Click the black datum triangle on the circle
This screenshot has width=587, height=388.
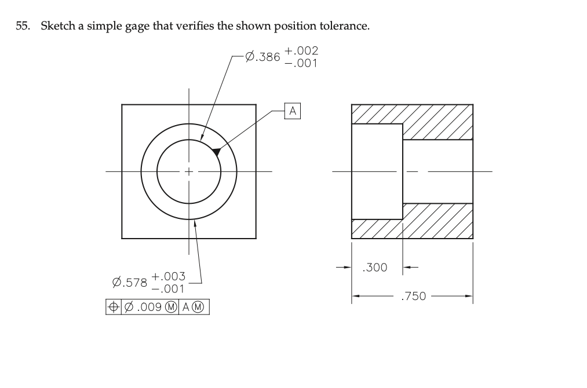click(x=216, y=151)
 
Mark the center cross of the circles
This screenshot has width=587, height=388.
click(x=188, y=171)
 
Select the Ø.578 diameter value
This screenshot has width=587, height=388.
click(x=129, y=283)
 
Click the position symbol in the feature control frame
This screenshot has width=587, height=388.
click(x=112, y=306)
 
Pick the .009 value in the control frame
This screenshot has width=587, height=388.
click(x=145, y=306)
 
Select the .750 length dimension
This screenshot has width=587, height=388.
click(x=413, y=297)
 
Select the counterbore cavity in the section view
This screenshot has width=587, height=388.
click(x=377, y=171)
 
